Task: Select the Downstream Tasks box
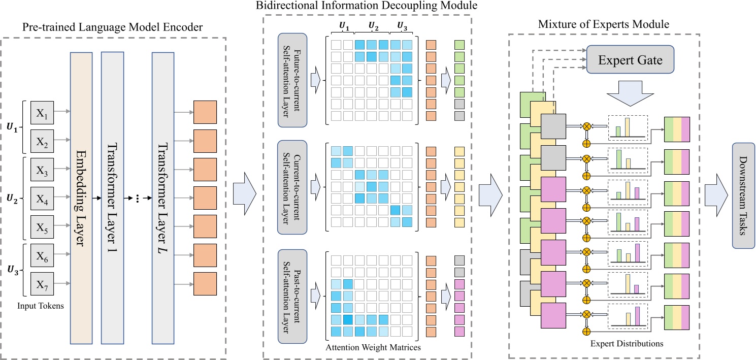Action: pyautogui.click(x=744, y=195)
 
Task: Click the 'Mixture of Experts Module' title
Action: pyautogui.click(x=604, y=24)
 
